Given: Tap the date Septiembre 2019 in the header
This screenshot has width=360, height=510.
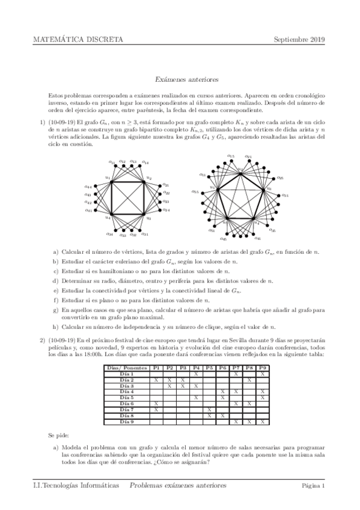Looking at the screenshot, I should pos(299,40).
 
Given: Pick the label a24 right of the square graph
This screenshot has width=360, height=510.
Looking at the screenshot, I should pos(166,210).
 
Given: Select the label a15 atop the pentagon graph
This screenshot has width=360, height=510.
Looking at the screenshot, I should pos(230,156).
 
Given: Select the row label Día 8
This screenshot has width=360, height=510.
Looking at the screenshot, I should pos(126,416).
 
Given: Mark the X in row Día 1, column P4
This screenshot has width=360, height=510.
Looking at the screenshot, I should pos(196,373).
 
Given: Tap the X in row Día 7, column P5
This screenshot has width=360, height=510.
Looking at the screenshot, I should pos(209,410).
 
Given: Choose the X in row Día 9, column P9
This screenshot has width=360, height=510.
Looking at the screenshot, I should pos(263,422).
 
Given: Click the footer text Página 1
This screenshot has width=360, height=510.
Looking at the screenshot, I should pos(313,485).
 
